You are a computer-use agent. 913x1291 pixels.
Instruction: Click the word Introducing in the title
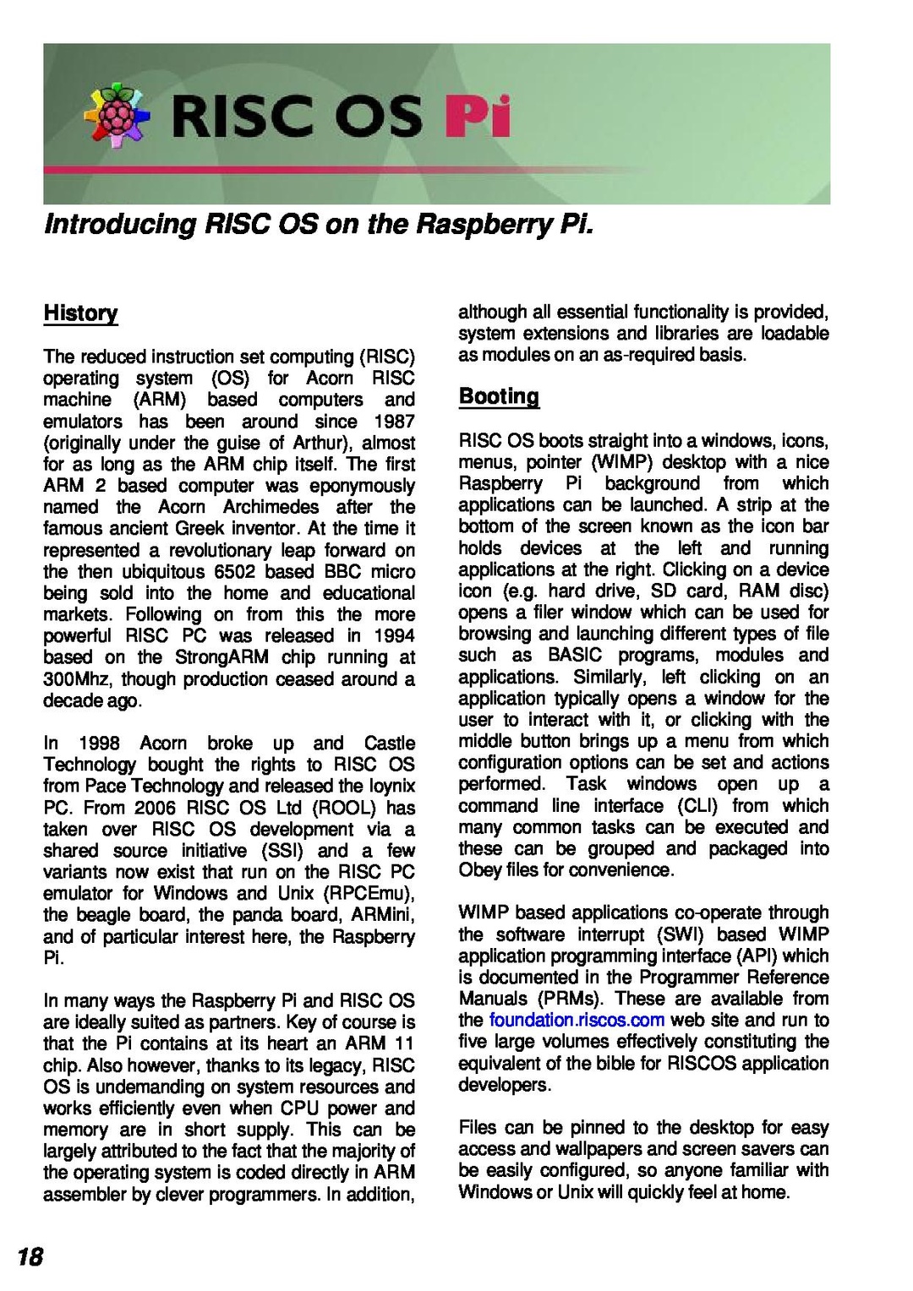[x=119, y=225]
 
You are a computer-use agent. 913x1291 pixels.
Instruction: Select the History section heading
[x=80, y=313]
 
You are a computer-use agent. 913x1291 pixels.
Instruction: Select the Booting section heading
[x=499, y=396]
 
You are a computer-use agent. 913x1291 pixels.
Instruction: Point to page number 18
[x=30, y=1257]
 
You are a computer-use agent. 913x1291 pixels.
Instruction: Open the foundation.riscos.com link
[x=577, y=1020]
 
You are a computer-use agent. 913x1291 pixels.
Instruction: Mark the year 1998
[x=99, y=743]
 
